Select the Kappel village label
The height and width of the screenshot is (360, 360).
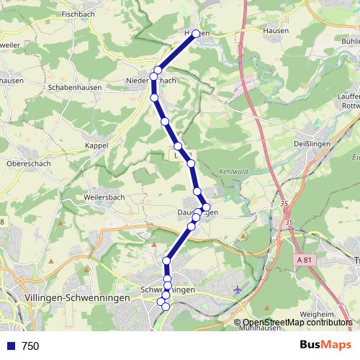(96, 145)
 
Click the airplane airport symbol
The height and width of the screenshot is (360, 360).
(238, 289)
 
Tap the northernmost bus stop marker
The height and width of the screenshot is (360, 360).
(196, 34)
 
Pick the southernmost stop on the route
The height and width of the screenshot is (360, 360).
(166, 307)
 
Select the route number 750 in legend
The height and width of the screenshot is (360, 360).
(30, 346)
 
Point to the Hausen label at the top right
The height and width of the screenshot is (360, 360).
(276, 30)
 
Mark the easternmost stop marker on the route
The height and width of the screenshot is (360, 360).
(206, 207)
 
